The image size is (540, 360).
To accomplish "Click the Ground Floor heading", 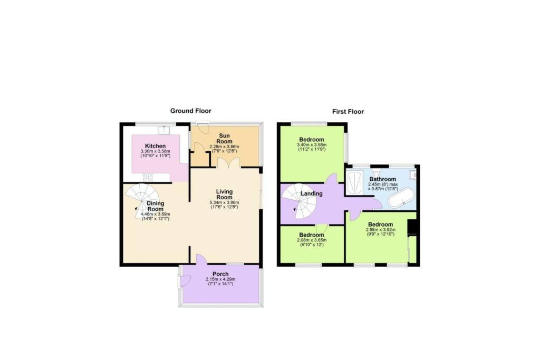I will coord(190,111).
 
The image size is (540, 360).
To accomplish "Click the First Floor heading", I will coord(348,111).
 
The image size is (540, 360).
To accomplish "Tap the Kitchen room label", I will coord(156,146).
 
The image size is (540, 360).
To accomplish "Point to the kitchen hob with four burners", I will coord(147,178).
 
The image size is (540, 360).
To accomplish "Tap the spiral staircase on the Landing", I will coord(297,203).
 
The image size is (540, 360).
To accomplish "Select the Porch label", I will coord(220,274).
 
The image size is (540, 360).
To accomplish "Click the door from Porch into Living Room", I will coord(201,260).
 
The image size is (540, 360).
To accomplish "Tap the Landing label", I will coord(312,193).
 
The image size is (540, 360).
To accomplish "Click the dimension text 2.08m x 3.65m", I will coord(312,240).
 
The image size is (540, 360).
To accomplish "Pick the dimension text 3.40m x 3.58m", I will coord(312,145).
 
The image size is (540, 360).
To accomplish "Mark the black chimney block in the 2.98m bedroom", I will coord(413,227).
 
